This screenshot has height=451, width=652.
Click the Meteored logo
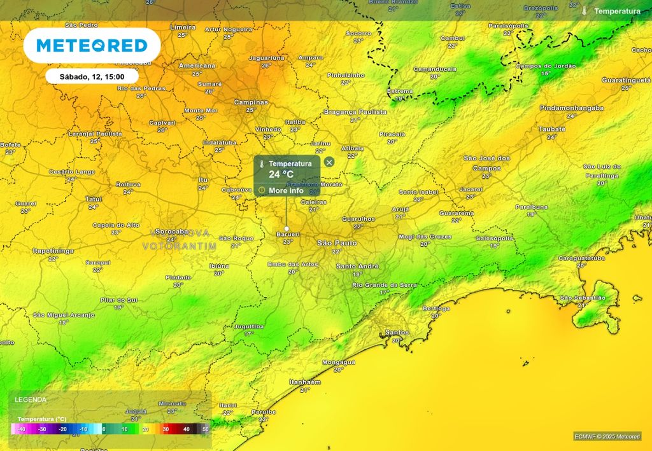coord(92,46)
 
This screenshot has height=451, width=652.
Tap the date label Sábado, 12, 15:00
coord(92,76)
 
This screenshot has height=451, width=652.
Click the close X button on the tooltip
coord(329,162)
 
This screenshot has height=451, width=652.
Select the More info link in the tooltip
coord(285,190)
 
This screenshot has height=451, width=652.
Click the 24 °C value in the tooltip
coord(281,174)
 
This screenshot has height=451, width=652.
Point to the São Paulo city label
coord(337,243)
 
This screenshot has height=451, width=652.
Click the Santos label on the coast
coord(396,333)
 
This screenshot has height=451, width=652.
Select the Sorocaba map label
coord(171,232)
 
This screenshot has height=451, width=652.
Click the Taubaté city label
coord(551,128)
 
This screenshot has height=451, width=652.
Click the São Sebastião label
coord(582,298)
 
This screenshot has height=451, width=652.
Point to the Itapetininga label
coord(53,251)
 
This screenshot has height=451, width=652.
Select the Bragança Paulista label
coord(355,112)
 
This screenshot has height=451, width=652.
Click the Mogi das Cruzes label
coord(425,237)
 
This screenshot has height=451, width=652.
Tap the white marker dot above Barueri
coord(287,228)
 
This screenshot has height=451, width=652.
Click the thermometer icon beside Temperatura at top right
coord(584,11)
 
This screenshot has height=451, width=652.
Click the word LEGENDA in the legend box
coord(31,399)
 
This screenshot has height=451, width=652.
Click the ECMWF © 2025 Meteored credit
coord(607,436)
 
